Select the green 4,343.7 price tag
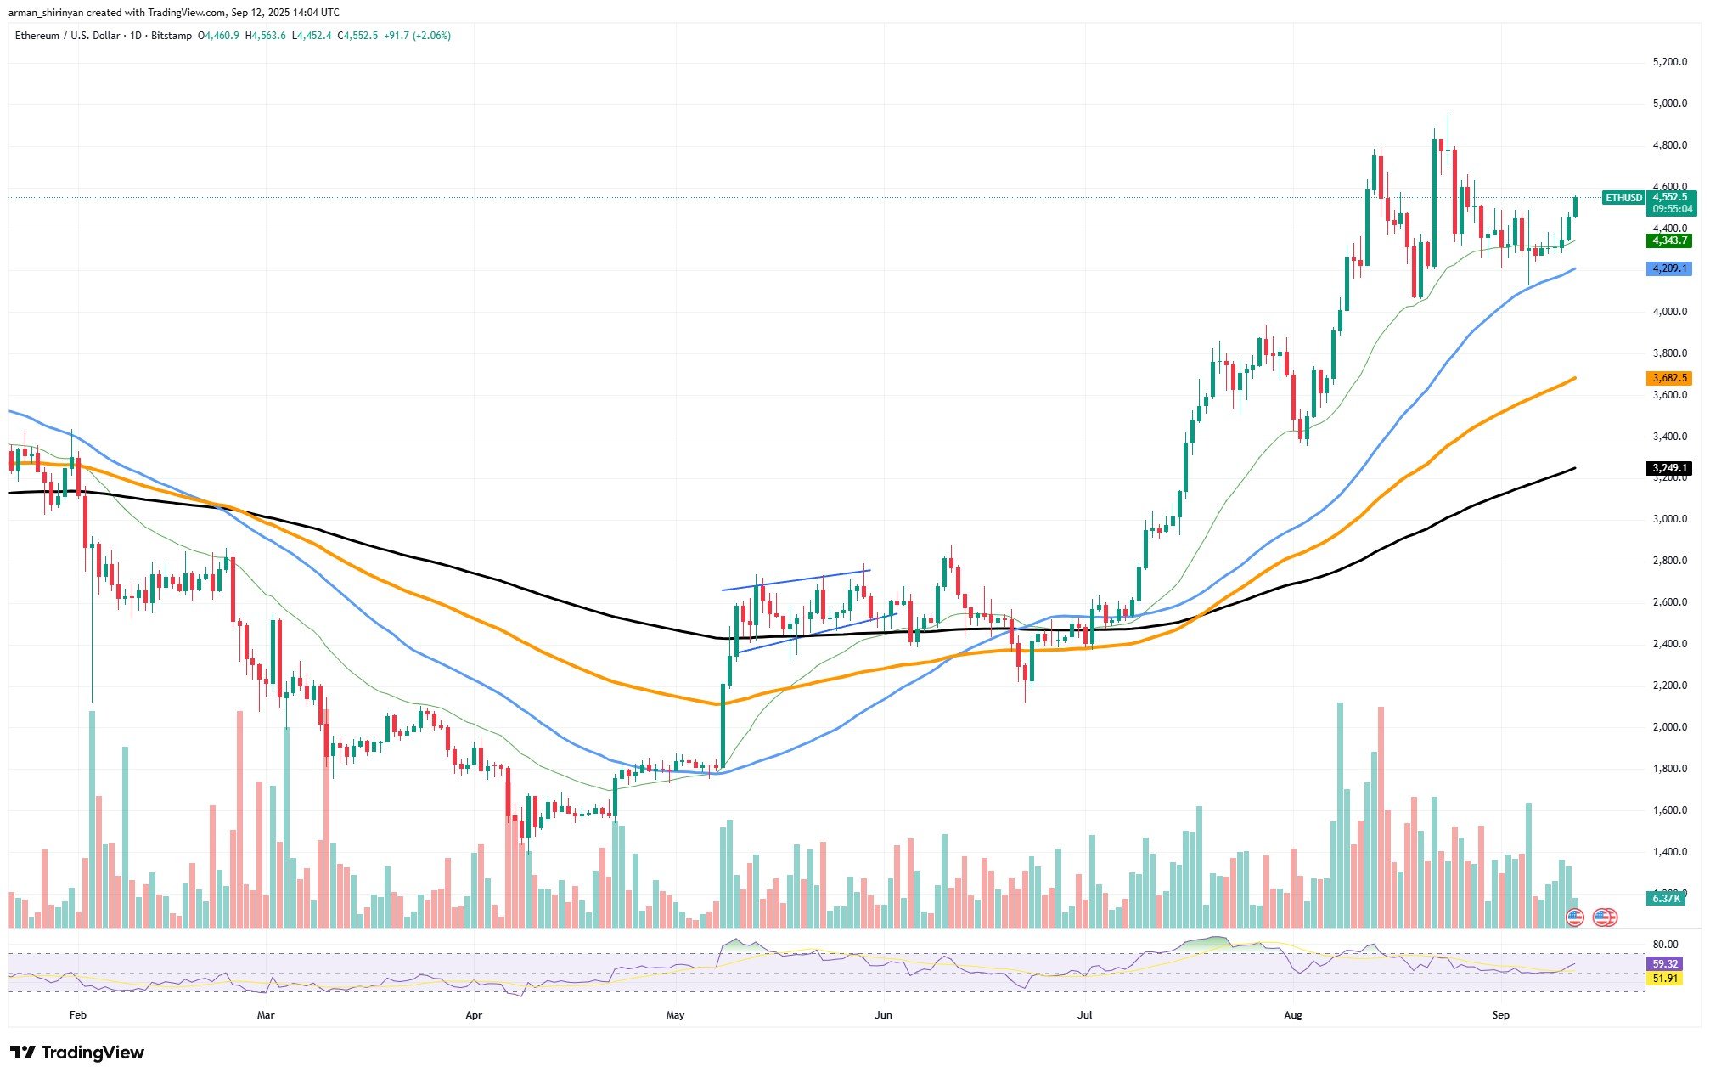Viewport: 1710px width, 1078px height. pyautogui.click(x=1668, y=241)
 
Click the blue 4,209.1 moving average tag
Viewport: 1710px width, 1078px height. pyautogui.click(x=1668, y=268)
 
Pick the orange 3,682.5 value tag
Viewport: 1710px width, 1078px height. pyautogui.click(x=1668, y=378)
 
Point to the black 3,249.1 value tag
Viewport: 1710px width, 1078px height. pyautogui.click(x=1668, y=468)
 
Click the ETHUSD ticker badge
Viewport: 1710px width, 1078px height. pyautogui.click(x=1623, y=198)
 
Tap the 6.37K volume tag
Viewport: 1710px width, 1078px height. pyautogui.click(x=1665, y=898)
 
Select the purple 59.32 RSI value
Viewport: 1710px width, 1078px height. pyautogui.click(x=1664, y=964)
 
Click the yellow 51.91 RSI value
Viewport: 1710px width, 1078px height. pyautogui.click(x=1664, y=979)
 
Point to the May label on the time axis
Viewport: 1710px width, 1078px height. pyautogui.click(x=675, y=1015)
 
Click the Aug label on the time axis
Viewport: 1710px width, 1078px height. pyautogui.click(x=1292, y=1015)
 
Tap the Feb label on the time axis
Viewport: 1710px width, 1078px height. pyautogui.click(x=77, y=1015)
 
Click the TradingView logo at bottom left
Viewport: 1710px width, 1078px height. pyautogui.click(x=77, y=1053)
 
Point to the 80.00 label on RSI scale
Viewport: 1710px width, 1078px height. pyautogui.click(x=1665, y=944)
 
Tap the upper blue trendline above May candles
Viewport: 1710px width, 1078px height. pyautogui.click(x=796, y=579)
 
